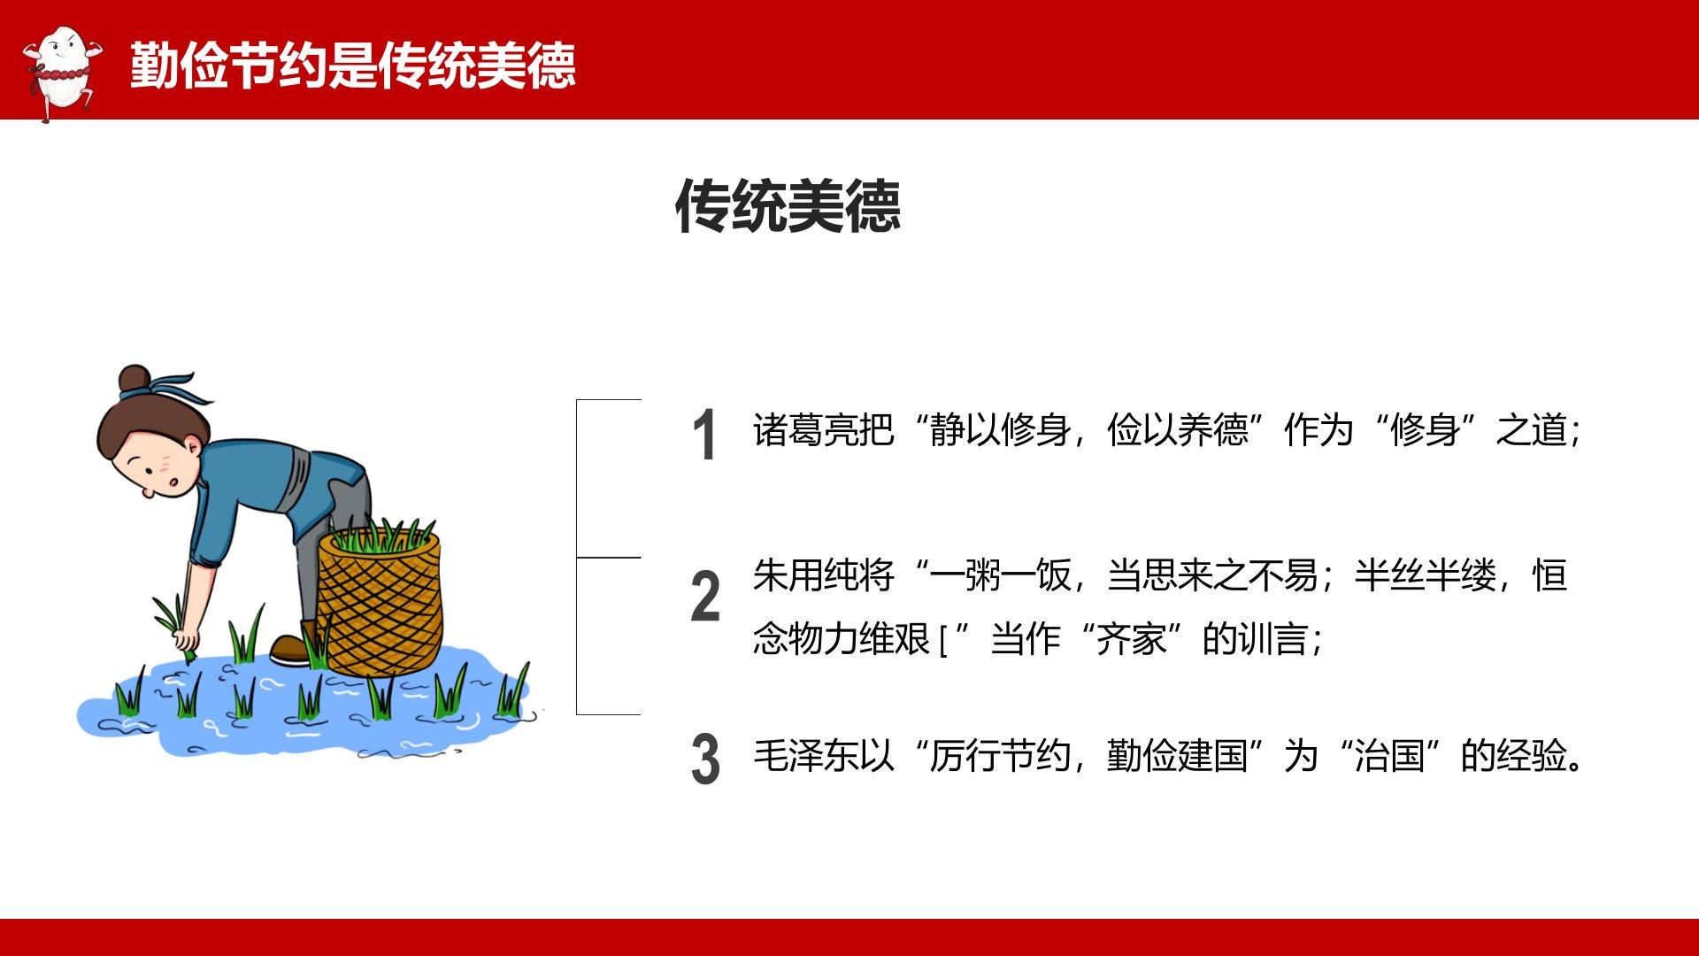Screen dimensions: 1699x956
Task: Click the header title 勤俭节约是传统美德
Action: (353, 65)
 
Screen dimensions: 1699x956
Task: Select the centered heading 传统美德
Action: (788, 206)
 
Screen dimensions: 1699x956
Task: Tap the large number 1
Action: (704, 435)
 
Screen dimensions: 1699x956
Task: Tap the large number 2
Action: (705, 596)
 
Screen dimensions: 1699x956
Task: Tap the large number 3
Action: (705, 759)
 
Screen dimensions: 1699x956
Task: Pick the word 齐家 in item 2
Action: (1131, 638)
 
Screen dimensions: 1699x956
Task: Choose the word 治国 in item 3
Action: (1389, 756)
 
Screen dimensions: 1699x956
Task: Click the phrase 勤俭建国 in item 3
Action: (1177, 756)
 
